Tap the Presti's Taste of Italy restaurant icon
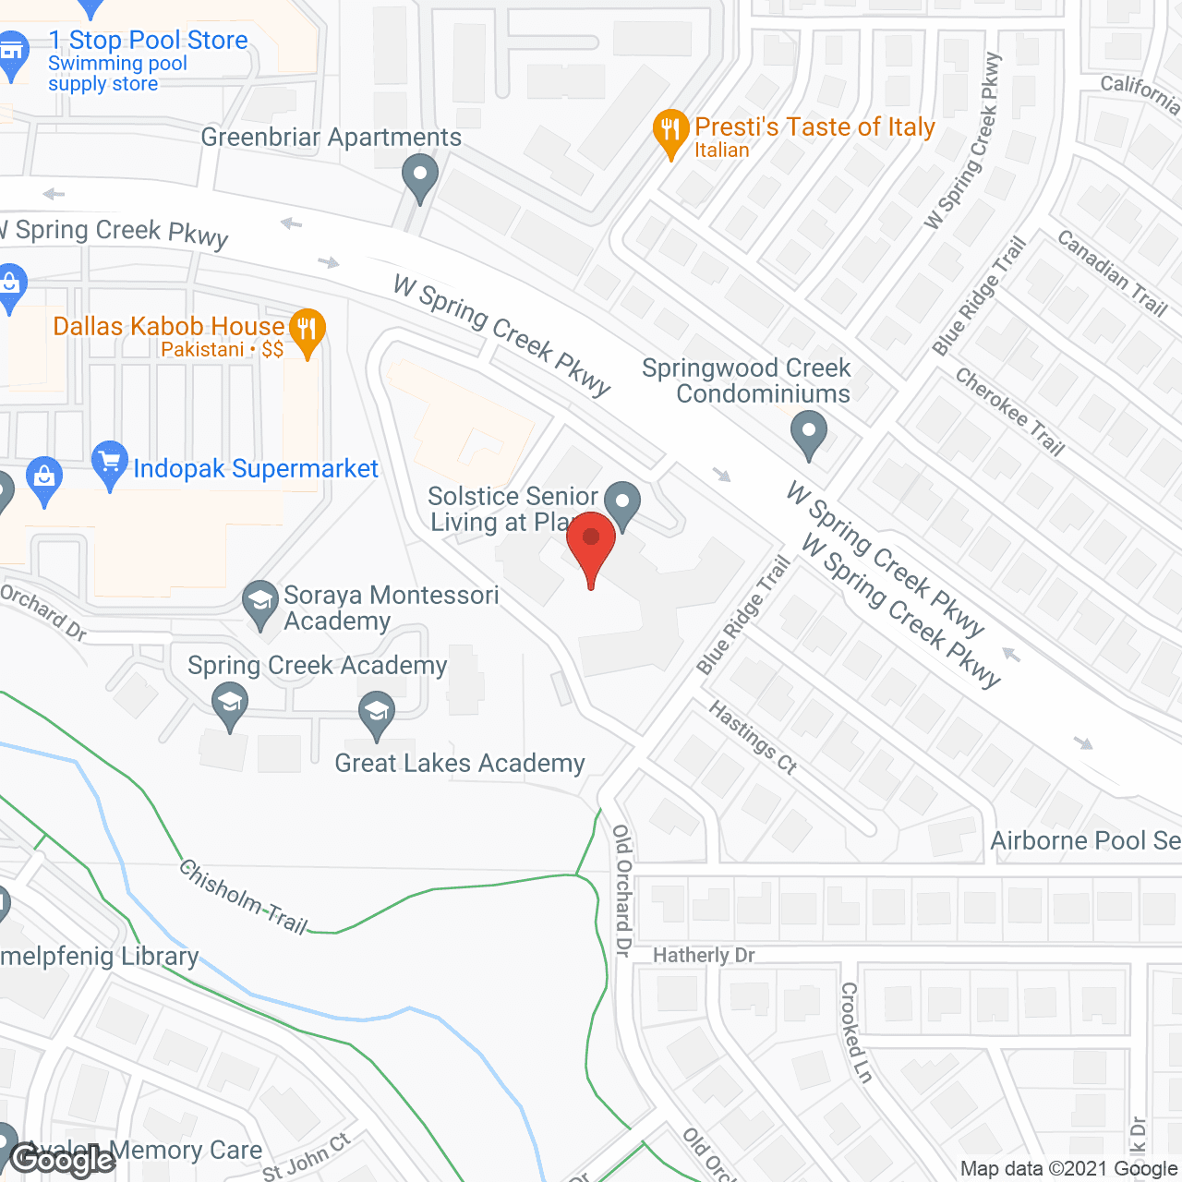point(670,131)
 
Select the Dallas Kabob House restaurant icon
point(307,330)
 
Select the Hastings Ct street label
point(753,736)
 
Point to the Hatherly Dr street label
point(704,955)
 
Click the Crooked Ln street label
point(855,1031)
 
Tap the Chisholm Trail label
point(243,897)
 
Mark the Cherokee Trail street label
point(1010,412)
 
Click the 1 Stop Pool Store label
point(148,41)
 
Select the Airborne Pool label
point(1085,840)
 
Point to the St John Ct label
point(307,1156)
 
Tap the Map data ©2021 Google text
point(1069,1169)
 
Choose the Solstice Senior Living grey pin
point(623,503)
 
